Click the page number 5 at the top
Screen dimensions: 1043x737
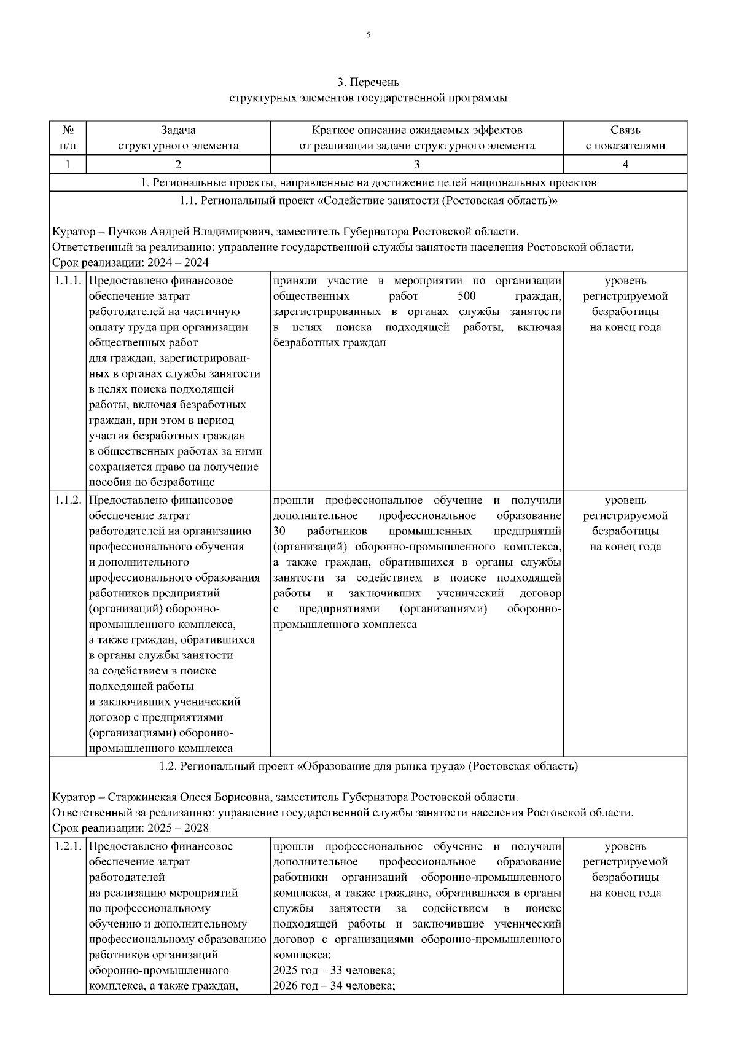368,36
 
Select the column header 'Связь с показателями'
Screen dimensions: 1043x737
625,138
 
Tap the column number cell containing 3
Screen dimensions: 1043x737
416,164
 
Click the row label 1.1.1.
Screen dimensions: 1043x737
68,281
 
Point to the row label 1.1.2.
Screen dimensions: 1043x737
68,501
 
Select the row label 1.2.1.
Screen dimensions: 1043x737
68,846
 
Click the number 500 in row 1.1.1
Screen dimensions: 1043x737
466,297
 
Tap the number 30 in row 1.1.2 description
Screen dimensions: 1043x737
279,531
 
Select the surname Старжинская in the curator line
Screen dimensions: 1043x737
142,797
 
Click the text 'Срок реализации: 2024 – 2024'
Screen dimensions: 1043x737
130,263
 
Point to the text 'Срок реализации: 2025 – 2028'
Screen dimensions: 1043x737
130,828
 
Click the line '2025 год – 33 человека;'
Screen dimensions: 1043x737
333,971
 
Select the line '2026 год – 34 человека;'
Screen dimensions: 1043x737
333,986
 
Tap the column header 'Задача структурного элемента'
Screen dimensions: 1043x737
178,138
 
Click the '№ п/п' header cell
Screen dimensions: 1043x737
68,138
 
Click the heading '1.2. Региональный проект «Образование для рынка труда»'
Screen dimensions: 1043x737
368,767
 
